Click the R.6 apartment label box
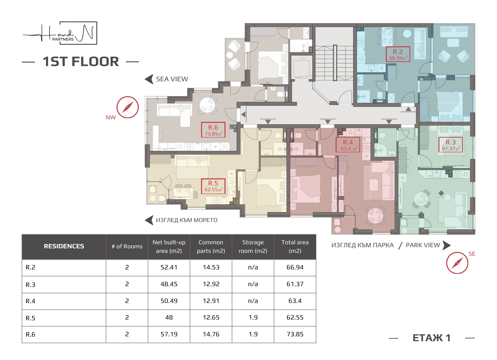[x=213, y=130]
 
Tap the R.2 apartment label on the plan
[x=398, y=54]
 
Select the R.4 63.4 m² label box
[x=348, y=144]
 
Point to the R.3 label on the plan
[x=451, y=144]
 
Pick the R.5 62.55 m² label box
[x=213, y=186]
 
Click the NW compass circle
[x=128, y=107]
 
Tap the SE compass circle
[x=457, y=263]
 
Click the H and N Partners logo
[x=60, y=33]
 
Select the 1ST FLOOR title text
[x=81, y=62]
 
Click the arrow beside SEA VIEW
[x=149, y=79]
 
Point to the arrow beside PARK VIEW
[x=447, y=245]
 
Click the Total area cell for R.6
[x=295, y=335]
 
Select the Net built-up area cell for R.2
[x=169, y=268]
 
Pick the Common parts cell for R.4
[x=211, y=301]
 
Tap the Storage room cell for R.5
[x=253, y=318]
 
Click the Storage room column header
[x=253, y=247]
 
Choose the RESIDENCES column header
[x=64, y=247]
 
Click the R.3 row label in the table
[x=31, y=284]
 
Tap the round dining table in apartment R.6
[x=207, y=105]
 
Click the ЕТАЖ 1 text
[x=431, y=338]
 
